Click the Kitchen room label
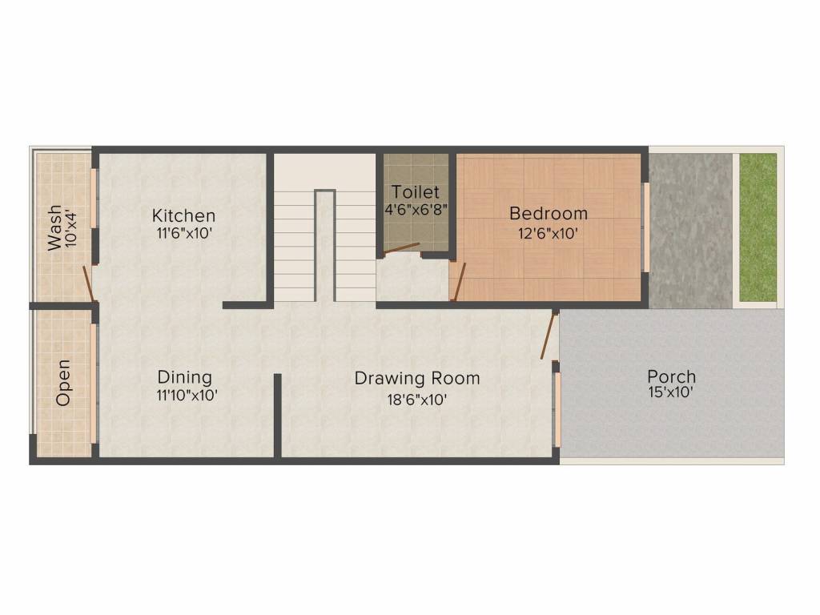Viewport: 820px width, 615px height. coord(183,215)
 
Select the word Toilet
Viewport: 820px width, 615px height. coord(416,192)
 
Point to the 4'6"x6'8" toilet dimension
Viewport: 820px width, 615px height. coord(416,210)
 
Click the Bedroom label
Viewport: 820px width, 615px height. coord(549,214)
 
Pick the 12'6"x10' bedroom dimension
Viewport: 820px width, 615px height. coord(549,233)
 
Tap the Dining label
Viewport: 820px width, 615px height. coord(184,377)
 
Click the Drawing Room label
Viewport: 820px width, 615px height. coord(417,378)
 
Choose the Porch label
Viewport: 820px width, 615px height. coord(671,376)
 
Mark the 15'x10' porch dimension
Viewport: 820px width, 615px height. coord(671,393)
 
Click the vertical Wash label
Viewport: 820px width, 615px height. coord(54,228)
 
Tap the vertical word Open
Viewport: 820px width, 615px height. coord(62,383)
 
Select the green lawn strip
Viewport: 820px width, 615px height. coord(758,227)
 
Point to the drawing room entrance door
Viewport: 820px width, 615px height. coord(549,336)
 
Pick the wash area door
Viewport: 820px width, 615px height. coord(88,283)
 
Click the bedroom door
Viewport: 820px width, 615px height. coord(452,282)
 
